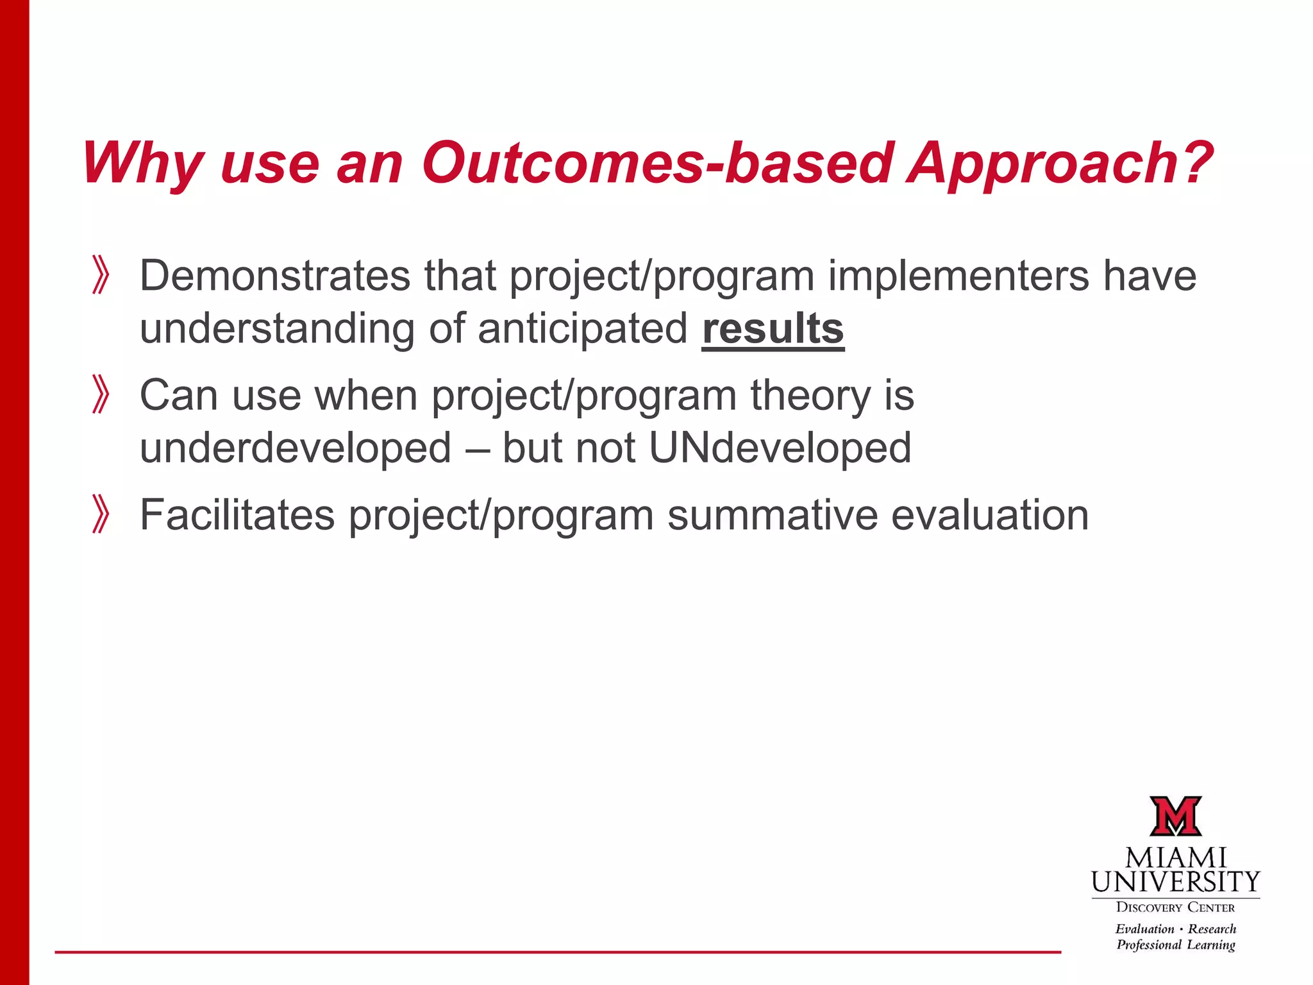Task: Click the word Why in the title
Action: click(x=142, y=164)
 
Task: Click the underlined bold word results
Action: click(x=773, y=329)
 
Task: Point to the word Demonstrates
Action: click(x=274, y=276)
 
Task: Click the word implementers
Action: click(x=958, y=276)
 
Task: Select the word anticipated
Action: click(x=582, y=329)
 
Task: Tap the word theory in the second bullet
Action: click(x=810, y=396)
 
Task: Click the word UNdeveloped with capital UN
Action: click(x=780, y=448)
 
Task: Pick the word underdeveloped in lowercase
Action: click(x=296, y=448)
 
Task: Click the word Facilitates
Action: click(x=237, y=515)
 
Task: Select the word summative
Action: click(x=772, y=515)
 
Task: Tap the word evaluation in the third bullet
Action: click(x=990, y=515)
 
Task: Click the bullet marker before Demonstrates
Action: click(x=100, y=275)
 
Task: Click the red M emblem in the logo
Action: click(x=1175, y=816)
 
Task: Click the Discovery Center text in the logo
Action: click(x=1175, y=907)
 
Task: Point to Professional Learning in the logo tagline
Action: click(x=1175, y=945)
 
